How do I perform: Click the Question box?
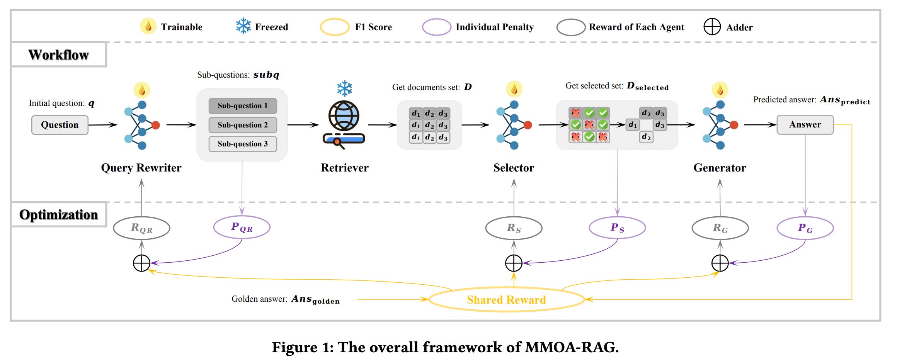pyautogui.click(x=60, y=125)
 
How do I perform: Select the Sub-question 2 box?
pyautogui.click(x=242, y=125)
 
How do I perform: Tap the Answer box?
pyautogui.click(x=805, y=124)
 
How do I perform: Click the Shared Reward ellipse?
pyautogui.click(x=506, y=299)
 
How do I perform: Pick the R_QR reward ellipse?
pyautogui.click(x=141, y=228)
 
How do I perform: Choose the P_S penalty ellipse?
pyautogui.click(x=617, y=228)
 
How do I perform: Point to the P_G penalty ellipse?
pyautogui.click(x=805, y=228)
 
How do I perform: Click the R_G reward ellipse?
pyautogui.click(x=720, y=228)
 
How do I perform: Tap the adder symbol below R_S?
pyautogui.click(x=514, y=263)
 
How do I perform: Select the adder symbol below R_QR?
pyautogui.click(x=141, y=263)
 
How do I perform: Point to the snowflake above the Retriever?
pyautogui.click(x=344, y=88)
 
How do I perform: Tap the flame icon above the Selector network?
pyautogui.click(x=514, y=89)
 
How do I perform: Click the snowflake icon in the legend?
pyautogui.click(x=243, y=26)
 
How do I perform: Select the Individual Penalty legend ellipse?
pyautogui.click(x=436, y=27)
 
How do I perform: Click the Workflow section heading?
pyautogui.click(x=58, y=55)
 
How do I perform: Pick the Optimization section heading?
pyautogui.click(x=58, y=215)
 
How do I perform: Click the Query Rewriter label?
pyautogui.click(x=141, y=168)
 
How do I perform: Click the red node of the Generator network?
pyautogui.click(x=734, y=125)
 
